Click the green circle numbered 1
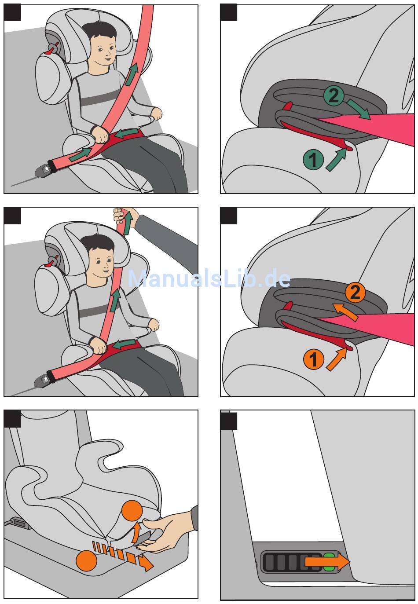[313, 159]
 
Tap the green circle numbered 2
[334, 95]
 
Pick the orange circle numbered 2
[355, 292]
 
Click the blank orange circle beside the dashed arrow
[86, 560]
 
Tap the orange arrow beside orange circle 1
[336, 359]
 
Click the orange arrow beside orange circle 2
[345, 312]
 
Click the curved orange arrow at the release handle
[136, 532]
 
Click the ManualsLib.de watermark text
[209, 278]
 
